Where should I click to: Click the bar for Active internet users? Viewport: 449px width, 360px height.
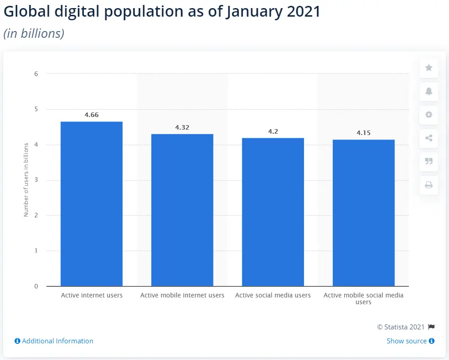[x=91, y=203]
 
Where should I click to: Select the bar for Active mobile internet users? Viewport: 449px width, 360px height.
[x=182, y=210]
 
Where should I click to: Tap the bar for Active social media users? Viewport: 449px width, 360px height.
[x=273, y=211]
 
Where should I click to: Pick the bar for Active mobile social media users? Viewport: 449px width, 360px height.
[x=363, y=212]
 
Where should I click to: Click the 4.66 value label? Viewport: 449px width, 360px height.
[x=91, y=115]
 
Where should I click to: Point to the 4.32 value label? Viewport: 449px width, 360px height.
[x=182, y=127]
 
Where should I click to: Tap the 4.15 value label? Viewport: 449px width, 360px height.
[x=363, y=133]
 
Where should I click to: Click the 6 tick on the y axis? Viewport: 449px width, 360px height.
[x=36, y=74]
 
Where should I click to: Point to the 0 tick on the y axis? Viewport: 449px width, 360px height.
[x=36, y=286]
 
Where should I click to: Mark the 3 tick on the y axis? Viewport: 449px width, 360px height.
[x=36, y=180]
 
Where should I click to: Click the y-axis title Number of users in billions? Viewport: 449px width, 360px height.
[x=26, y=180]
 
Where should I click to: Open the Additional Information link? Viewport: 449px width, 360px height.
[x=54, y=341]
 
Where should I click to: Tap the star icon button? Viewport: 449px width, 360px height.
[x=429, y=68]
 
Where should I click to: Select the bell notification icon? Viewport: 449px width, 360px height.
[x=429, y=91]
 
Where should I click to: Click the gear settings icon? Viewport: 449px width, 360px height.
[x=429, y=115]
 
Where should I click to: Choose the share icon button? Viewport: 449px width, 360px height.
[x=429, y=138]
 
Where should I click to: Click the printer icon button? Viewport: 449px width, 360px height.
[x=429, y=185]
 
